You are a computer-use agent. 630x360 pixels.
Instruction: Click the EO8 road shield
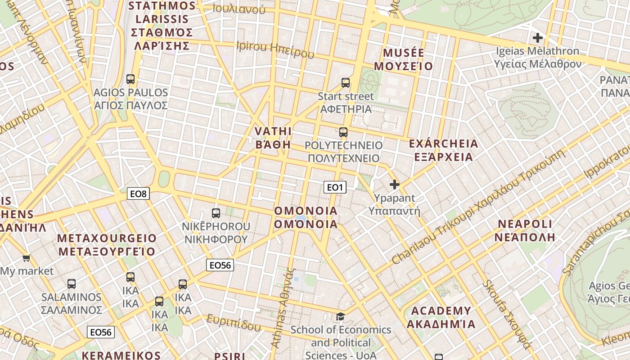(x=138, y=194)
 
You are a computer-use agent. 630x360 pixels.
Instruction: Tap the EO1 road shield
(x=335, y=187)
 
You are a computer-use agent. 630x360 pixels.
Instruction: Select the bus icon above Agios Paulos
(x=130, y=79)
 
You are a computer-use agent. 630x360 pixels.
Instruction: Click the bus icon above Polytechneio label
(x=343, y=132)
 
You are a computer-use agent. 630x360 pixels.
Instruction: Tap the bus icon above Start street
(x=346, y=83)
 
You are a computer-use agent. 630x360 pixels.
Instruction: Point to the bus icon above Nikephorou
(x=216, y=213)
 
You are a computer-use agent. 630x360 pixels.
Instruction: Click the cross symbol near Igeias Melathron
(x=537, y=38)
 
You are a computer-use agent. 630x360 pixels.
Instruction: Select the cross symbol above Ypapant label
(x=395, y=184)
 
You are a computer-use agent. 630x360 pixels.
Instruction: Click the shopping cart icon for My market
(x=26, y=258)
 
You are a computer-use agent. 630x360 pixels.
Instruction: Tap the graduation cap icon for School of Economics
(x=341, y=317)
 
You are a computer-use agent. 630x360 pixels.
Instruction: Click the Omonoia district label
(x=306, y=217)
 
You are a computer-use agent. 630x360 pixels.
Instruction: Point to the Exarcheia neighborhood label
(x=443, y=150)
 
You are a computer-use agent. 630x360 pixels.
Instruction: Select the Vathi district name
(x=273, y=138)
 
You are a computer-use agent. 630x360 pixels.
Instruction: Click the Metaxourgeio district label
(x=107, y=245)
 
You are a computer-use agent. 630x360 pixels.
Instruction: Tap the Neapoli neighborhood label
(x=525, y=230)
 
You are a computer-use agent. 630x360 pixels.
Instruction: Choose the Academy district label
(x=441, y=317)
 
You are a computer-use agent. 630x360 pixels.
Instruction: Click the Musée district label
(x=403, y=59)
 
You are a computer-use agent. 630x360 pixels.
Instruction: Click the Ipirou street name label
(x=275, y=50)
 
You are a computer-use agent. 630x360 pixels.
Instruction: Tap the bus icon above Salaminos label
(x=72, y=284)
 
